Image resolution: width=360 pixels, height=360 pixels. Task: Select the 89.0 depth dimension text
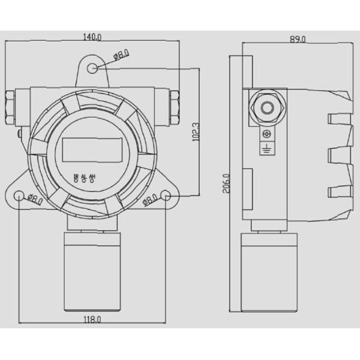click(298, 40)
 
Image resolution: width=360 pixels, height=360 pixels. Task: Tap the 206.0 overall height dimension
click(226, 184)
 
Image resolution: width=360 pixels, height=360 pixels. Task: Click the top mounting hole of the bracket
click(92, 68)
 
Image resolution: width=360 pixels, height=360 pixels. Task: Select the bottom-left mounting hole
click(20, 196)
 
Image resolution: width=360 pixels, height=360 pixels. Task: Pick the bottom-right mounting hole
click(166, 196)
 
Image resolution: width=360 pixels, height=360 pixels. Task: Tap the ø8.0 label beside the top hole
click(121, 56)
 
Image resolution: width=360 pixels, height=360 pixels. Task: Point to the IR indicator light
click(76, 181)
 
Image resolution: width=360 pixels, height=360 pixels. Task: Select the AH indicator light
click(92, 181)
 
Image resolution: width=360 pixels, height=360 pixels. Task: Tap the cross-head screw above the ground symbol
click(266, 134)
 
